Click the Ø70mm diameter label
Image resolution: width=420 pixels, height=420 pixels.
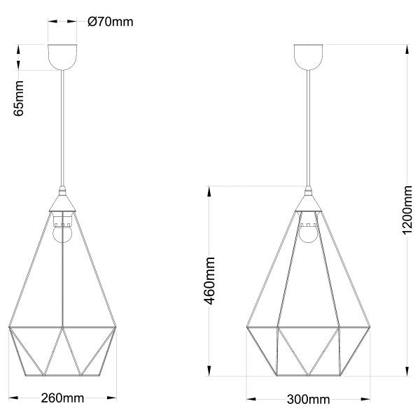click(111, 22)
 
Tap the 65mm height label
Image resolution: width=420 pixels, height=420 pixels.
click(19, 98)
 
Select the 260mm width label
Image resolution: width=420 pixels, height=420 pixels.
click(62, 398)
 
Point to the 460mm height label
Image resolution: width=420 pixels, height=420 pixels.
click(209, 281)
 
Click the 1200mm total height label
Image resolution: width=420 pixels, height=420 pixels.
click(407, 210)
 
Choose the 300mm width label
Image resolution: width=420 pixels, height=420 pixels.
click(308, 400)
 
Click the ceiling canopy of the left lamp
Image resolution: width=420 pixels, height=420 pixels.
click(62, 57)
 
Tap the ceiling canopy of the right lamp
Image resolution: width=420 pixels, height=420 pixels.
click(308, 57)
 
